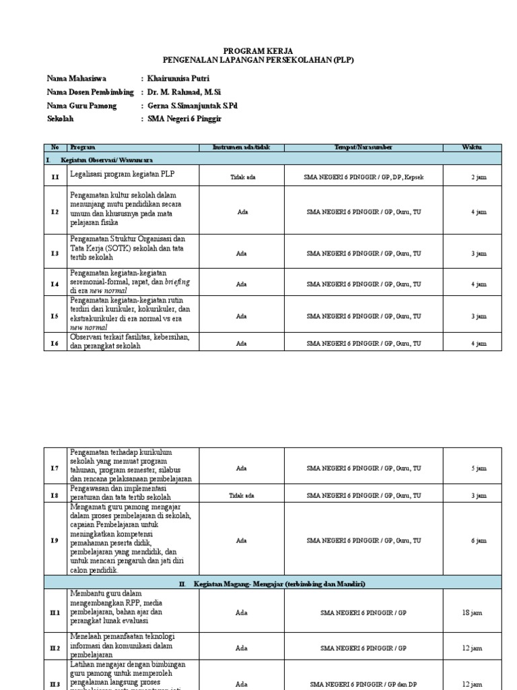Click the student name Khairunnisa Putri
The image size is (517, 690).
pos(178,79)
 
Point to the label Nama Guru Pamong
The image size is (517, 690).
pos(81,106)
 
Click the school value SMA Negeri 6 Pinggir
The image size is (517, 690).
pos(184,119)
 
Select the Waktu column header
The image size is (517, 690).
pos(472,148)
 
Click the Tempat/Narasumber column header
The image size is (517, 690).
pos(364,148)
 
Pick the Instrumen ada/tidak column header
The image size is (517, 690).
pos(240,148)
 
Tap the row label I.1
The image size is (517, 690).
pos(55,177)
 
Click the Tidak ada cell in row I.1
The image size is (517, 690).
pos(242,177)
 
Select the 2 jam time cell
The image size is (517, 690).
pos(478,177)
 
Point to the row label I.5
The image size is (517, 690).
pos(55,315)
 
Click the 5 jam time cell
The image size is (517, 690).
pos(478,468)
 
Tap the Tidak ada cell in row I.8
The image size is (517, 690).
pos(242,495)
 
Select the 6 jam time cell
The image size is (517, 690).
pos(478,540)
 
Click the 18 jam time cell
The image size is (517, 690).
pos(472,613)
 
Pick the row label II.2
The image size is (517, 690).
pos(55,648)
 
